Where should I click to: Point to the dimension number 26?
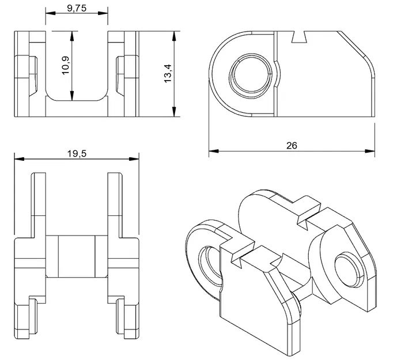tap(292, 146)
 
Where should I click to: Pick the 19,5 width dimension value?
tap(76, 154)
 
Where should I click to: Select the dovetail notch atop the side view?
tap(300, 36)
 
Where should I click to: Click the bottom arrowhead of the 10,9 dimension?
tap(72, 97)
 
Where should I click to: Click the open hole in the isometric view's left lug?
tap(209, 266)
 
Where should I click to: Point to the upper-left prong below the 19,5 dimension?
tap(39, 196)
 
